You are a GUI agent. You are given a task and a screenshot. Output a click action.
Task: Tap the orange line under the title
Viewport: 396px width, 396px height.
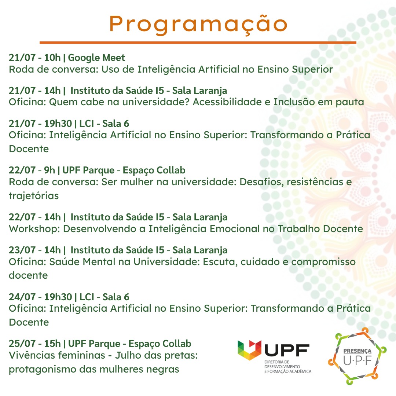tap(198, 43)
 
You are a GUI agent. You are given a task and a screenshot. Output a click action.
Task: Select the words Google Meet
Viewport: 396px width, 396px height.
tap(96, 58)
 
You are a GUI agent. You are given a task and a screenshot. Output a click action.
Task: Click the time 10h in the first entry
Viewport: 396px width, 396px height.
tap(52, 58)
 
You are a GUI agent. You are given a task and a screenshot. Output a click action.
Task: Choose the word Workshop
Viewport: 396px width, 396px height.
tap(34, 229)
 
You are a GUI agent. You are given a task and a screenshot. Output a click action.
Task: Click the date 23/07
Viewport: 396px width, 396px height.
tap(22, 250)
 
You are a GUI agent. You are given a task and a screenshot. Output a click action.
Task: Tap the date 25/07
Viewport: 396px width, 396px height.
tap(22, 344)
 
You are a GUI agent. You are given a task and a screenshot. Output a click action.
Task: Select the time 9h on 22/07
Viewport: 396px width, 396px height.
tap(49, 170)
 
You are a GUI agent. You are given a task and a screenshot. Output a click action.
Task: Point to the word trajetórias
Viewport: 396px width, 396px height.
tap(34, 196)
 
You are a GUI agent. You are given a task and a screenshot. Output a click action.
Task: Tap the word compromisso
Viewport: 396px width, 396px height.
tap(323, 262)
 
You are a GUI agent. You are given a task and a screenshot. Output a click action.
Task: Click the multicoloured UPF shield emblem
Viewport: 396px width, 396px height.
tap(249, 350)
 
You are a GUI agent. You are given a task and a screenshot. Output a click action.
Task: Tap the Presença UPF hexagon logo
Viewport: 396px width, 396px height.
tap(357, 356)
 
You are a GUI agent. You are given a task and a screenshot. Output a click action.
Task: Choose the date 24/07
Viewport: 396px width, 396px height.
tap(22, 297)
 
